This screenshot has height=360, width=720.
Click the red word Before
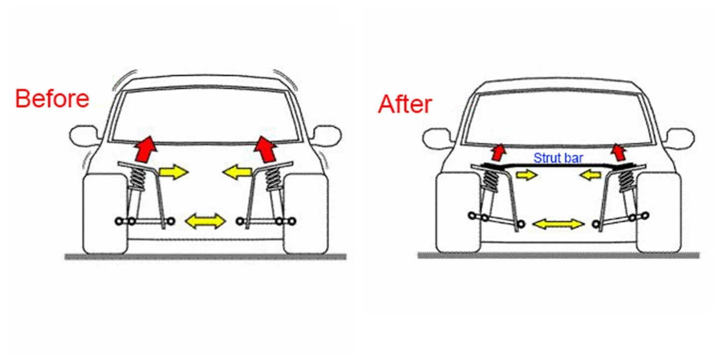click(x=52, y=99)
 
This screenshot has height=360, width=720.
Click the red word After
click(x=405, y=104)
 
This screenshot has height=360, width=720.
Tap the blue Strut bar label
click(x=559, y=158)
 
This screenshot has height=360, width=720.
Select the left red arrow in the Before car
click(x=145, y=149)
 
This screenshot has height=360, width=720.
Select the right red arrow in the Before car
click(x=266, y=149)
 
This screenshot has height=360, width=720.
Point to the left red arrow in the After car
click(x=499, y=152)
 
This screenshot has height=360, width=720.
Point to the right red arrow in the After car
click(x=618, y=152)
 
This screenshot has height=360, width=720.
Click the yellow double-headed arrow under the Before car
click(x=205, y=221)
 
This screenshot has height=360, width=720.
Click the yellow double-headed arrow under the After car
click(x=559, y=224)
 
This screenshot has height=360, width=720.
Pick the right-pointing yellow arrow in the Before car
click(x=173, y=172)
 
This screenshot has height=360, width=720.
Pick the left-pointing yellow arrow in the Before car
click(x=237, y=172)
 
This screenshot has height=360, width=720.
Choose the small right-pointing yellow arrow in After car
click(x=527, y=175)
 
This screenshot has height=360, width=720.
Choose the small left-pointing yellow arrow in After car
click(x=590, y=175)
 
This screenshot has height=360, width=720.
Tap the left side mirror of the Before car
click(x=84, y=135)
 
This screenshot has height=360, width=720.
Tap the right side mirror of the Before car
click(x=327, y=135)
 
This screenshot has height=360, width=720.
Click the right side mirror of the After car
click(x=680, y=139)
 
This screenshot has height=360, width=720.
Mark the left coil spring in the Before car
click(x=138, y=178)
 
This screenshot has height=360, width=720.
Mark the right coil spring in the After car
click(x=626, y=181)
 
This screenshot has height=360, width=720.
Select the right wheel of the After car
click(x=659, y=213)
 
